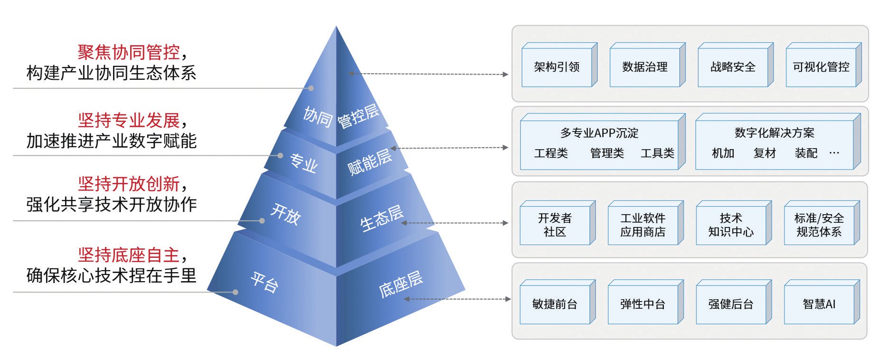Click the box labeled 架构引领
[557, 67]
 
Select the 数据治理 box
[644, 67]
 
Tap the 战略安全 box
[732, 67]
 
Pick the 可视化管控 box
[821, 67]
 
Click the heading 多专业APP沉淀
[599, 133]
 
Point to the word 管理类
[606, 153]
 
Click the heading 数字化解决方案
[774, 133]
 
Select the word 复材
[764, 153]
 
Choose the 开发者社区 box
[555, 225]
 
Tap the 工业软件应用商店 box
[643, 225]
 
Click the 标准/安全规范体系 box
[819, 225]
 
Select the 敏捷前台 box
[555, 304]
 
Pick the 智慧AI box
[819, 304]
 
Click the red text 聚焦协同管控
[129, 52]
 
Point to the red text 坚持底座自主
[129, 255]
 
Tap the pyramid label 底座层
[400, 284]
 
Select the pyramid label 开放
[285, 214]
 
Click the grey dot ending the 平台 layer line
[236, 292]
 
